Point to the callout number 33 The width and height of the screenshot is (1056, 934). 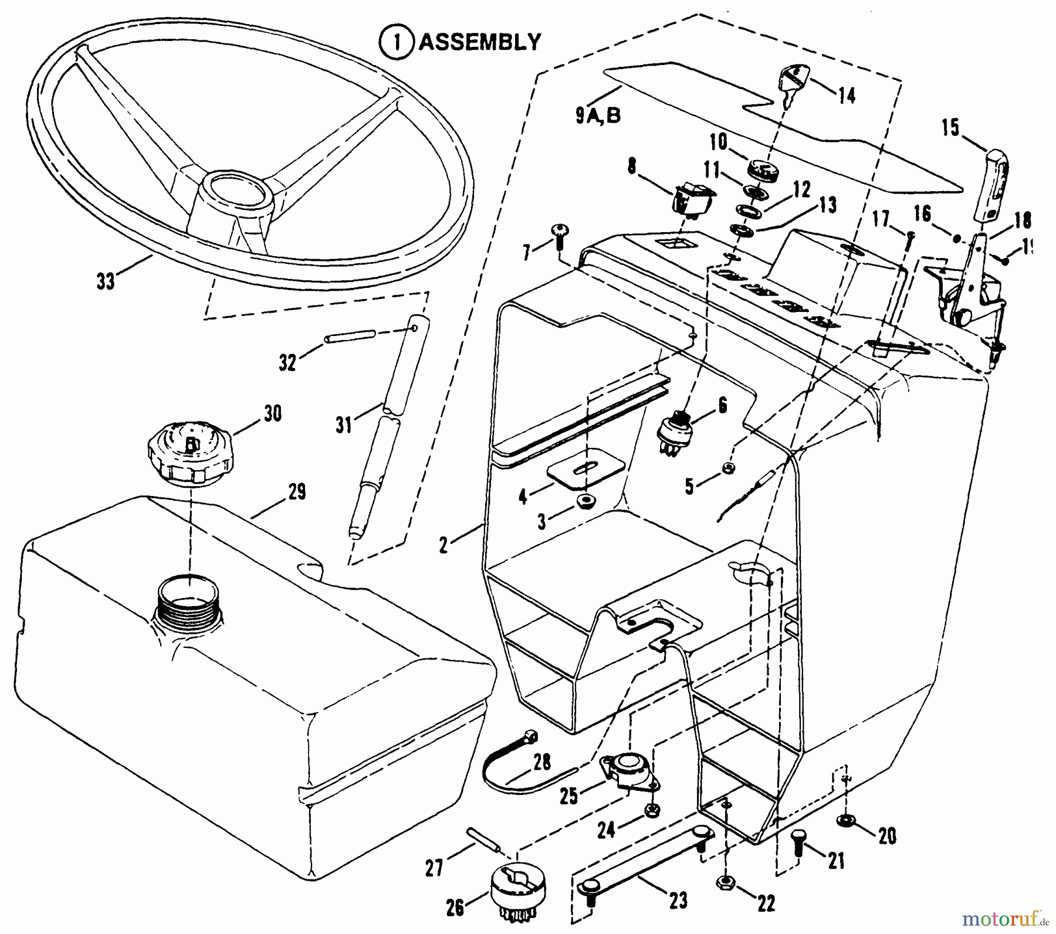[x=106, y=281]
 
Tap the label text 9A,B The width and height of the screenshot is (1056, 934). [x=597, y=117]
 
